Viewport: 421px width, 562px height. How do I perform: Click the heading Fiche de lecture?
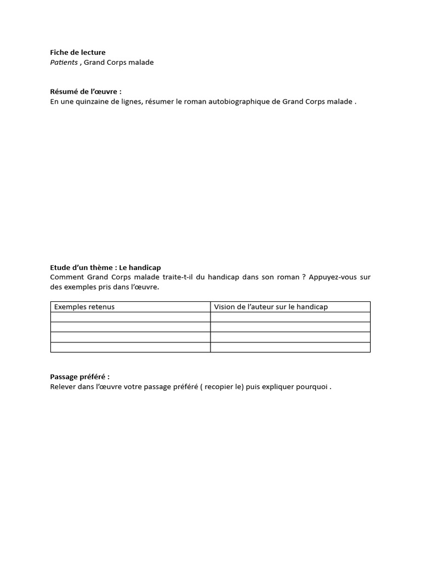tap(78, 53)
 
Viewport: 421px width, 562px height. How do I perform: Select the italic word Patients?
tap(64, 63)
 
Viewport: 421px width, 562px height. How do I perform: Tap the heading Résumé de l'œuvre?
tap(86, 92)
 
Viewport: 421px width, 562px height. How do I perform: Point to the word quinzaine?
tap(90, 102)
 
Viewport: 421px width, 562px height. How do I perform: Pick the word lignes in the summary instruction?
tap(130, 102)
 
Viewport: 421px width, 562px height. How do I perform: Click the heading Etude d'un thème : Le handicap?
tap(105, 267)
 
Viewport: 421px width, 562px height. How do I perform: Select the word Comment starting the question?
tap(65, 277)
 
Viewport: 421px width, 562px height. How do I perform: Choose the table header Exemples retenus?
tap(84, 307)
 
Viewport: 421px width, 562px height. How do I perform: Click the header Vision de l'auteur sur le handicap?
tap(271, 307)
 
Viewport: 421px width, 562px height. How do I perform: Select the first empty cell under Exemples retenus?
tap(130, 317)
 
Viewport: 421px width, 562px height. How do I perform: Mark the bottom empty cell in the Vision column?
tap(290, 347)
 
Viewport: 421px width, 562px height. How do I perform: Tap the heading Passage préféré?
tap(80, 377)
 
